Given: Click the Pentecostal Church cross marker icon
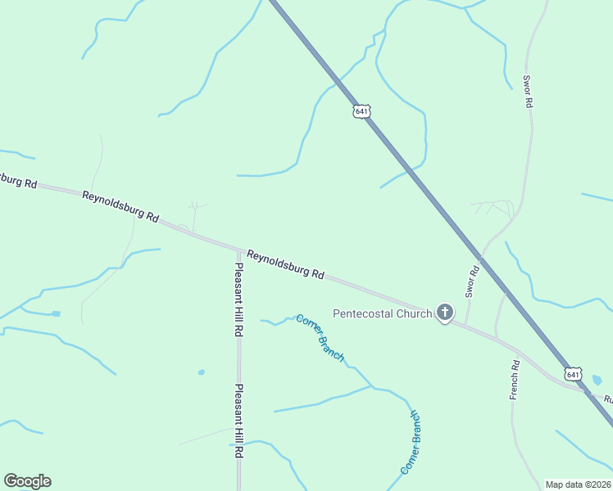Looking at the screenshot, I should pos(445,312).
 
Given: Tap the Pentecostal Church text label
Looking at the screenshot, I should pos(382,313).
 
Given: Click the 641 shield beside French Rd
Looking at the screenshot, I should pos(573,374).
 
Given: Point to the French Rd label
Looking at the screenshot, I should pos(515,380).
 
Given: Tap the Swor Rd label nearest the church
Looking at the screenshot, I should pos(472,281).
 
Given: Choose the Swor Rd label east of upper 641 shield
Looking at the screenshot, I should pos(529,92).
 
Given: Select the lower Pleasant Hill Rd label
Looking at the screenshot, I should pos(239,421).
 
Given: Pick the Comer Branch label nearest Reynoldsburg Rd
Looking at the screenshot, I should pos(320,338).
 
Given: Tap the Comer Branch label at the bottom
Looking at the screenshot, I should pos(411,443).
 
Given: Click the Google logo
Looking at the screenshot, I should pos(27,481).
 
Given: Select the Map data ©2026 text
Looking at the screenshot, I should pos(578,484).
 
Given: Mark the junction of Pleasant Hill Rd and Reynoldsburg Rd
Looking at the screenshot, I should pos(238,250).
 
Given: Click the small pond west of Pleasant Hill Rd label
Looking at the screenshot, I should pos(201,372).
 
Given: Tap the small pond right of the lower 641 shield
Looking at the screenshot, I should pos(596,381).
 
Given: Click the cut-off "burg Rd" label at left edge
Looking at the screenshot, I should pos(18,180).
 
